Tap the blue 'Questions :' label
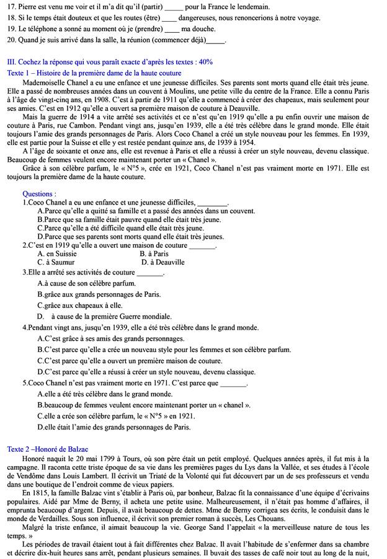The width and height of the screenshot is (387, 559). tap(38, 194)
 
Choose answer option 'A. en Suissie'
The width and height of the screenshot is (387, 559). tap(57, 254)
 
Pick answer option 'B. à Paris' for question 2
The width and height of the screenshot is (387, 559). tap(154, 254)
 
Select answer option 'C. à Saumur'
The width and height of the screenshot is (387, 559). tap(56, 262)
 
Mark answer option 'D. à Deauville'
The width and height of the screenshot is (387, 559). tap(163, 262)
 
